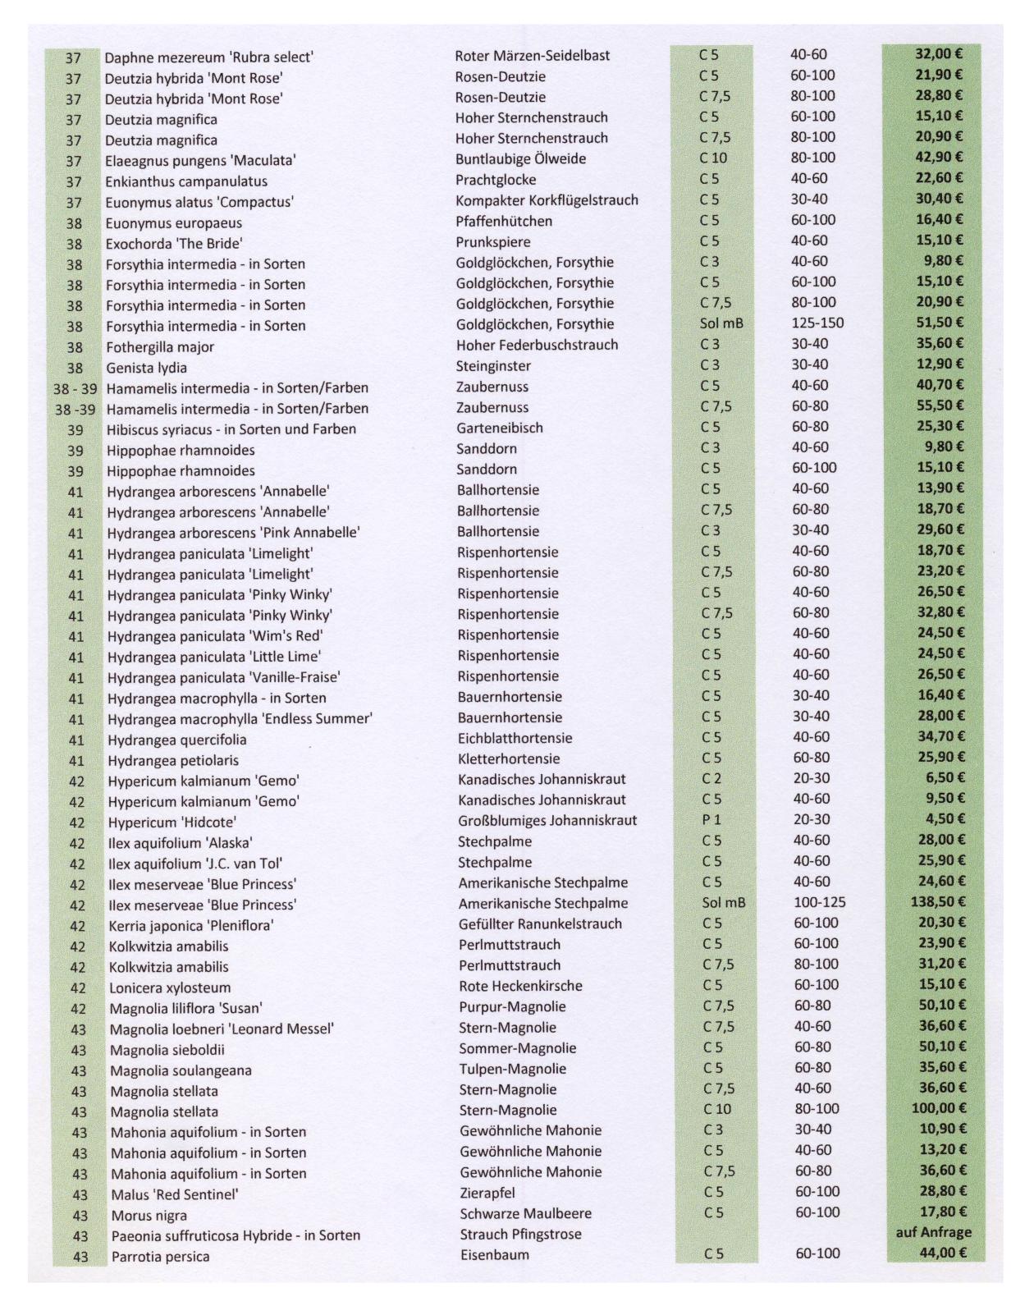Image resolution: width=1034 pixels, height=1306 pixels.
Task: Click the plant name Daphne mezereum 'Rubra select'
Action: coord(208,57)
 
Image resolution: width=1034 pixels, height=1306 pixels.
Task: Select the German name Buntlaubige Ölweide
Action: coord(520,159)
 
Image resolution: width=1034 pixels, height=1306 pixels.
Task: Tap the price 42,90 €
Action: coord(939,157)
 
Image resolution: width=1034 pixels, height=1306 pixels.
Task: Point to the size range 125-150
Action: coord(817,323)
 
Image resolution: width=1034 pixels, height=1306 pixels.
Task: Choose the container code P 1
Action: coord(711,820)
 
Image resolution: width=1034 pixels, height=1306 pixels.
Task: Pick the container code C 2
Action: coord(711,778)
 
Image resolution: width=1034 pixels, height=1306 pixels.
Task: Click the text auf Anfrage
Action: coord(933,1232)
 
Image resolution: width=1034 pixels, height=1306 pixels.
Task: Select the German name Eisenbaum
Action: coord(494,1255)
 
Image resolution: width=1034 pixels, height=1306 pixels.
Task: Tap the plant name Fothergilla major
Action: coord(159,347)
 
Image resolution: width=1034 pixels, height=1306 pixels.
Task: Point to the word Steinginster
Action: coord(493,366)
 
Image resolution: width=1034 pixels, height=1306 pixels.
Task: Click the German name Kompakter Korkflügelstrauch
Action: coord(547,200)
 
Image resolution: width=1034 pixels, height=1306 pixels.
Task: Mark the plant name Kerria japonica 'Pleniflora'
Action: coord(191,926)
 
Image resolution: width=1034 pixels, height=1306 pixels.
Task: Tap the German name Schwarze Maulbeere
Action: coord(525,1213)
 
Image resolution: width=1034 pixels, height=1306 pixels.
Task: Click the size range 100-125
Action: coord(819,902)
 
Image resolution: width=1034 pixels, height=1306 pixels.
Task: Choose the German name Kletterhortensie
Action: coord(509,758)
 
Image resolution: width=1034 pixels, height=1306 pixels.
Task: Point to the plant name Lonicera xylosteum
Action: coord(170,988)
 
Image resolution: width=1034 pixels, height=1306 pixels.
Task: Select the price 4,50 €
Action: coord(944,819)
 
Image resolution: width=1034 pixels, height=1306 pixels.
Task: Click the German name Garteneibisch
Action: coord(500,428)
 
